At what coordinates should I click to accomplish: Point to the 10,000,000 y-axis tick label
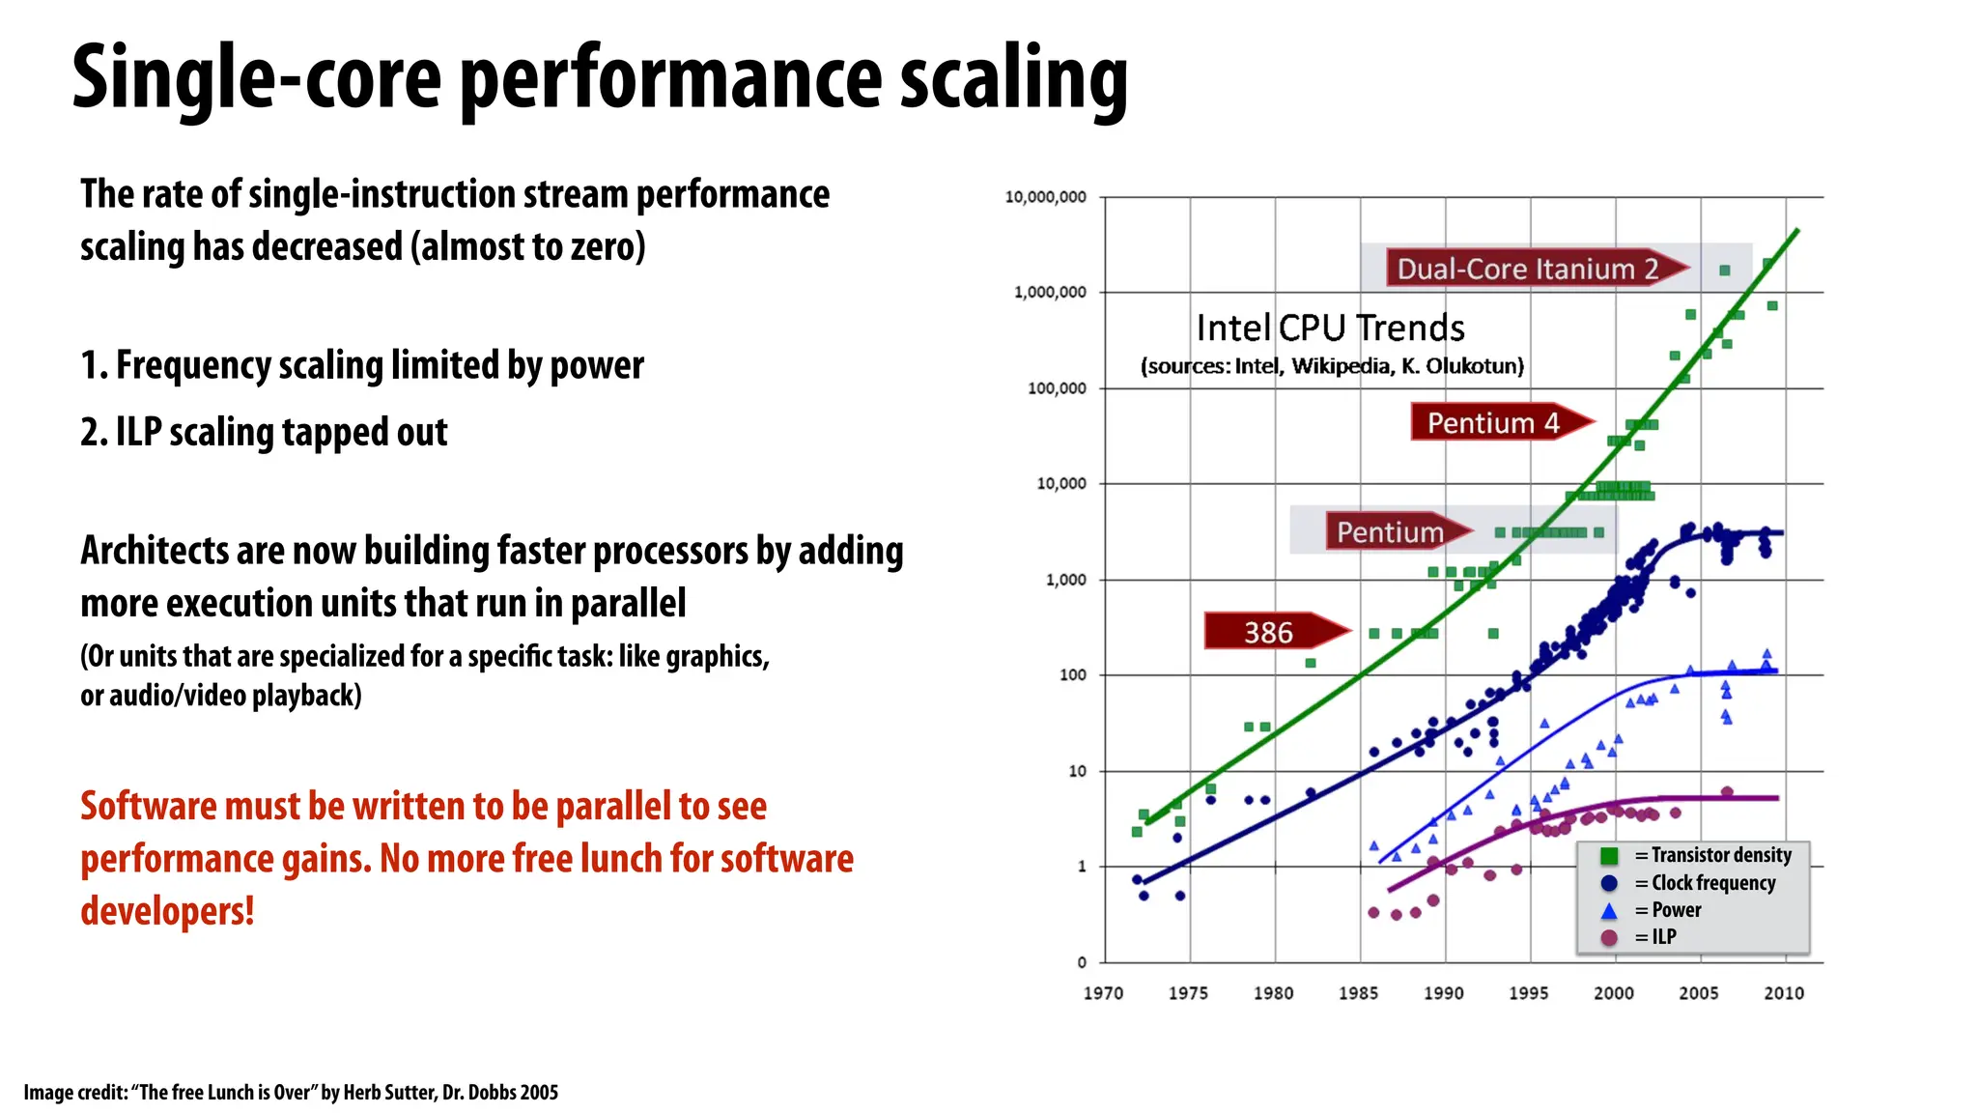(1045, 197)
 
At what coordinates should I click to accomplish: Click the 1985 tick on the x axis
(1358, 993)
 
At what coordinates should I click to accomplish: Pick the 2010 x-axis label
(1783, 993)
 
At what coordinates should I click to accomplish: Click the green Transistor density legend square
(1609, 856)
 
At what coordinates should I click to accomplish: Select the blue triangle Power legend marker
(1609, 911)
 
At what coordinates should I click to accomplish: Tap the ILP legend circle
(1609, 937)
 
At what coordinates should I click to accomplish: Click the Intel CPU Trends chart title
(1330, 328)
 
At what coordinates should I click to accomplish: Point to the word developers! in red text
(167, 911)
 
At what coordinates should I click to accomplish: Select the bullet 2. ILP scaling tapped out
(264, 432)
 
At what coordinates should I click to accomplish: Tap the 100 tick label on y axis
(1073, 675)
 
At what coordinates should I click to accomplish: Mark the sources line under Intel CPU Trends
(1332, 366)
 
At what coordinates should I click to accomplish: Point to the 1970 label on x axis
(1103, 993)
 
